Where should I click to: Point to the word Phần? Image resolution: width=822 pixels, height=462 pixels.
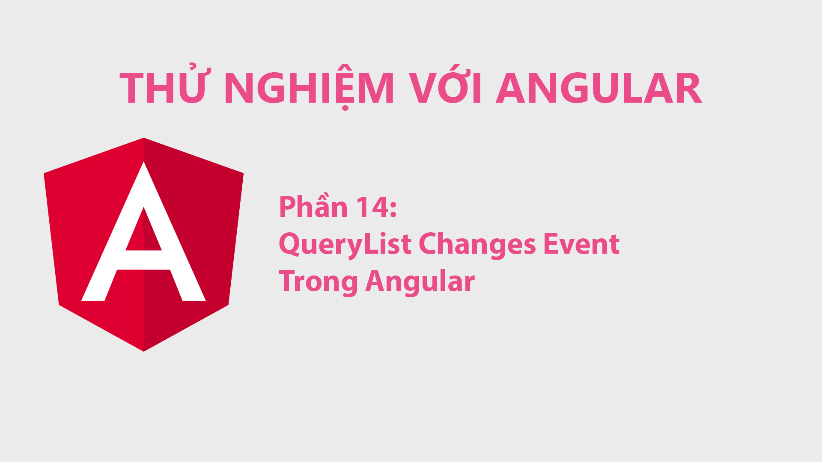click(313, 207)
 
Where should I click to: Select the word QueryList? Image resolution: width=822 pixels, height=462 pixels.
click(345, 244)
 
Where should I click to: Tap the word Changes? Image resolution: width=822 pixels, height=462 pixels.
click(477, 244)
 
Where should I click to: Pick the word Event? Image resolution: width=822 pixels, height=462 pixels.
click(581, 244)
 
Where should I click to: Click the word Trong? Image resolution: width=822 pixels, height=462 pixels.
click(318, 281)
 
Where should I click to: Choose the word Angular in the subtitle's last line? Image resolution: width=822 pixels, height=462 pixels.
click(420, 281)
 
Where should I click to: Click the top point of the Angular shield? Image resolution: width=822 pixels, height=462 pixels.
click(143, 139)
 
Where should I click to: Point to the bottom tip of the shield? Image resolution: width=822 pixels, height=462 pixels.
click(143, 350)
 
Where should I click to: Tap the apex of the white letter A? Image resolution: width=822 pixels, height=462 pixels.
click(143, 163)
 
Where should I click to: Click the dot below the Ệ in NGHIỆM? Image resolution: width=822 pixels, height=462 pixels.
click(345, 108)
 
